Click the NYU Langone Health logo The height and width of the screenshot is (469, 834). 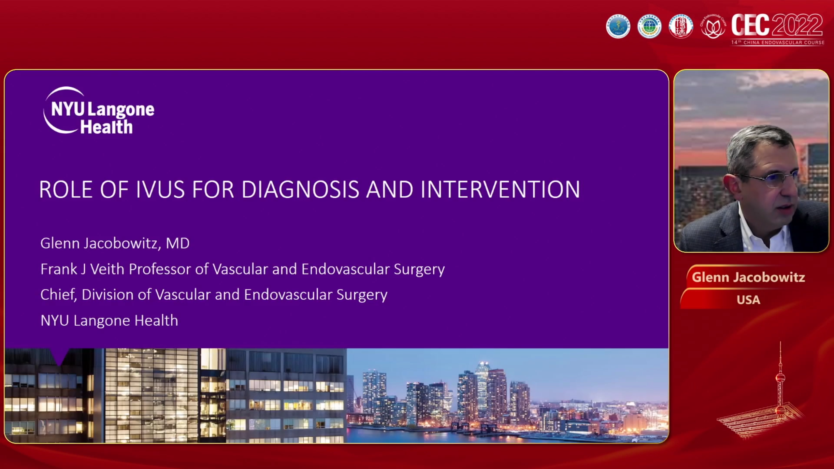pos(99,111)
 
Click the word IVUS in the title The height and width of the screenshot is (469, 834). pos(160,190)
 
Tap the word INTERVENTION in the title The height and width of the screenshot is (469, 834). pos(500,190)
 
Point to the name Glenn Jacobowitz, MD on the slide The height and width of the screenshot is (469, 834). pos(115,243)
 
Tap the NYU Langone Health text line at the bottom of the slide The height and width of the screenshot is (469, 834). pos(109,320)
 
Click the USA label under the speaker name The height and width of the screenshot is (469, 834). pos(748,300)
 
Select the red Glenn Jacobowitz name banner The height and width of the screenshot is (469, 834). pos(748,277)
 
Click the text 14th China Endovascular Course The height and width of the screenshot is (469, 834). pos(778,42)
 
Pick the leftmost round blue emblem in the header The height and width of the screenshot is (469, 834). pos(618,26)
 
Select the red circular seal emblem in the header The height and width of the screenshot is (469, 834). pos(681,26)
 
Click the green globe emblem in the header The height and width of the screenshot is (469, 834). pos(649,26)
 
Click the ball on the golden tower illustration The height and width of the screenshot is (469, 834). pos(780,378)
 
